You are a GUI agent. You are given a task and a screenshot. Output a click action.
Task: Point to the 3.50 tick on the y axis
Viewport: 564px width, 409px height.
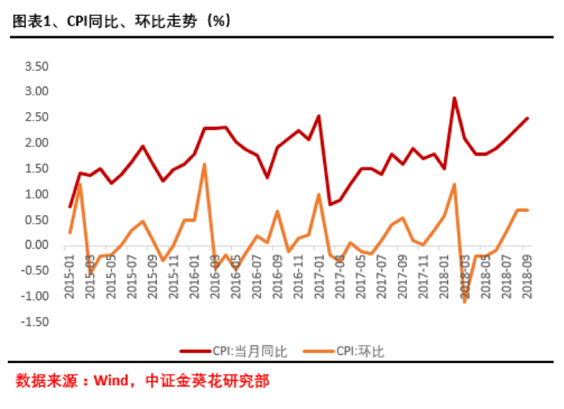(x=36, y=66)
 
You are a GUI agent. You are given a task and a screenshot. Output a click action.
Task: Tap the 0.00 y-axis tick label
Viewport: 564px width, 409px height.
(x=36, y=245)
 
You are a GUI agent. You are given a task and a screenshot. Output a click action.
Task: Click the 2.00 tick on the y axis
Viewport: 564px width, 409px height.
(x=36, y=143)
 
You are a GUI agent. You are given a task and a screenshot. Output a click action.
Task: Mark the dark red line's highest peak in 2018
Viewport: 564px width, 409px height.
(x=454, y=98)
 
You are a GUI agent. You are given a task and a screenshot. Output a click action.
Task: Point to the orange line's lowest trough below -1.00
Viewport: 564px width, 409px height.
(x=465, y=302)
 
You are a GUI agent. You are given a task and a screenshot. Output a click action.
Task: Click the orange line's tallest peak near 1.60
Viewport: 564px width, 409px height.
(x=204, y=164)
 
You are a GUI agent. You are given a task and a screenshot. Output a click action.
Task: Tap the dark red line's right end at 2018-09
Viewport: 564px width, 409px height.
(x=528, y=118)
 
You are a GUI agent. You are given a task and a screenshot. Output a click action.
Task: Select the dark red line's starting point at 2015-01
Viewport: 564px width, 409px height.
(x=69, y=207)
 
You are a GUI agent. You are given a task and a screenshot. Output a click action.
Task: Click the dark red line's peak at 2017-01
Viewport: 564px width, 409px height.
(x=319, y=116)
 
